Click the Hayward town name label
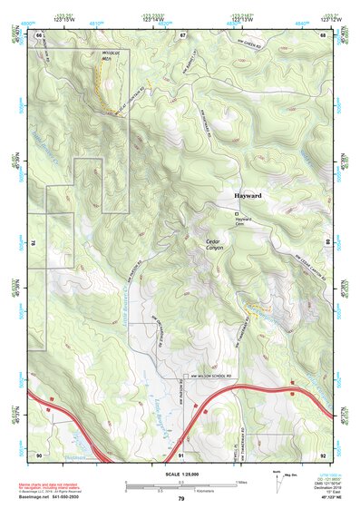[246, 196]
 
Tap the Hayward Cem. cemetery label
[242, 222]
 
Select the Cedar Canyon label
[213, 245]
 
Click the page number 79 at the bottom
[180, 499]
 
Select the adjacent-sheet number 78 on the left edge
[33, 243]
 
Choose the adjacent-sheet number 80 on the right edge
[327, 243]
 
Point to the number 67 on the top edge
[181, 34]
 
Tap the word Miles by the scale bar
[240, 482]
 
